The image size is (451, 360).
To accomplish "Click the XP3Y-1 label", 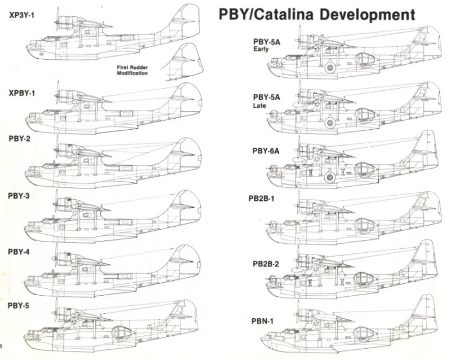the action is pos(21,15).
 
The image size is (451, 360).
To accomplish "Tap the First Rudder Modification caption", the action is pos(132,71).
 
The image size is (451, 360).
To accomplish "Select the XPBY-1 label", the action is pos(22,93).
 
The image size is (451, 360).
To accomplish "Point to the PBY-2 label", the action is pos(20,139).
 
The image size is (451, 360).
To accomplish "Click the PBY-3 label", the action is pos(19,196).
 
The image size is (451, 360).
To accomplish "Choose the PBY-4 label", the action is pos(19,252).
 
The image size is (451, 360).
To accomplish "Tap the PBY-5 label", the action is pos(19,305).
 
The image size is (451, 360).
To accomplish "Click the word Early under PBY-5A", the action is pos(261,49).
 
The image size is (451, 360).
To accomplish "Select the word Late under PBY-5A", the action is pos(259,106).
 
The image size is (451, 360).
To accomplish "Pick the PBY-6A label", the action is pos(266,151).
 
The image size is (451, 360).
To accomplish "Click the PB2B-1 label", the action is pos(262,199).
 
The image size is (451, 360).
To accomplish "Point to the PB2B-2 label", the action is pos(266,264).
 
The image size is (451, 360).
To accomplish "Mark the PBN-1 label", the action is pos(262,321).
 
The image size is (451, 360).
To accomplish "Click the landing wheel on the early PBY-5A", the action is pos(330,68).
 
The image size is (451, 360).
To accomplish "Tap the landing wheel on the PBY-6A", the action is pos(330,177).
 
